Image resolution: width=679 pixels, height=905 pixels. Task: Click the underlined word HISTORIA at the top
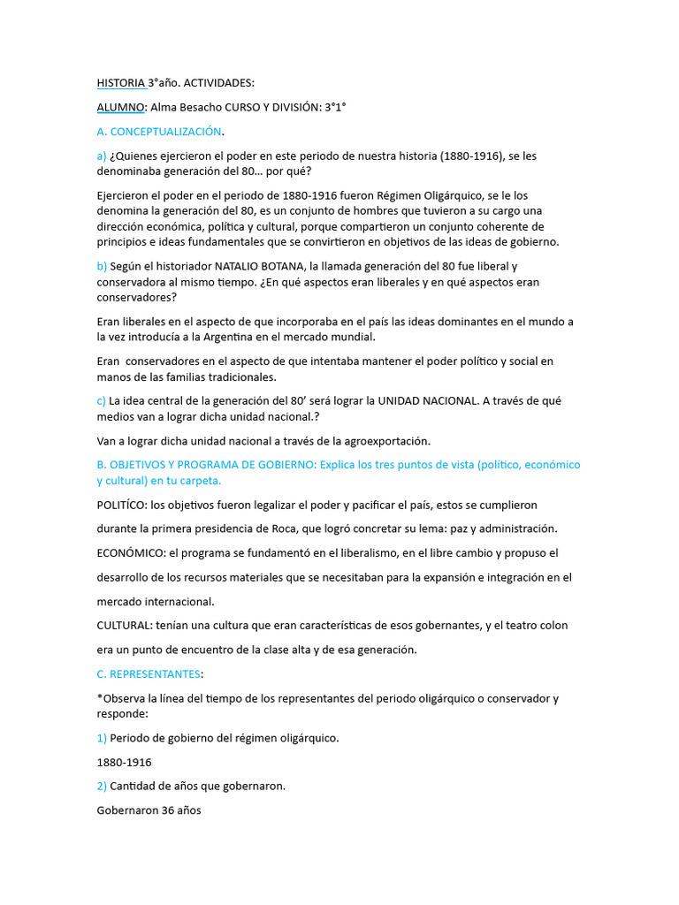[x=121, y=83]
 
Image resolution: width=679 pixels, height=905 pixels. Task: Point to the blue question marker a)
[x=102, y=156]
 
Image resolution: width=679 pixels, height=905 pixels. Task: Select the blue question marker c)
[x=102, y=400]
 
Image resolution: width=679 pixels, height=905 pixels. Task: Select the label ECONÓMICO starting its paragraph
[x=130, y=553]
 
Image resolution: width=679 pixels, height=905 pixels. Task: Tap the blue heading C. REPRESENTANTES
[x=149, y=674]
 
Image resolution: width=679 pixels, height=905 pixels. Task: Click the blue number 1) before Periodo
[x=102, y=738]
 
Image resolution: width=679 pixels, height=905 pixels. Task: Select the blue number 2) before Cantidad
[x=102, y=786]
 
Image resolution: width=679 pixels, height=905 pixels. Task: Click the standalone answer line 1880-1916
[x=124, y=762]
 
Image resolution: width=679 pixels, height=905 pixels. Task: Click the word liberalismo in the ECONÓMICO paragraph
[x=363, y=553]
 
